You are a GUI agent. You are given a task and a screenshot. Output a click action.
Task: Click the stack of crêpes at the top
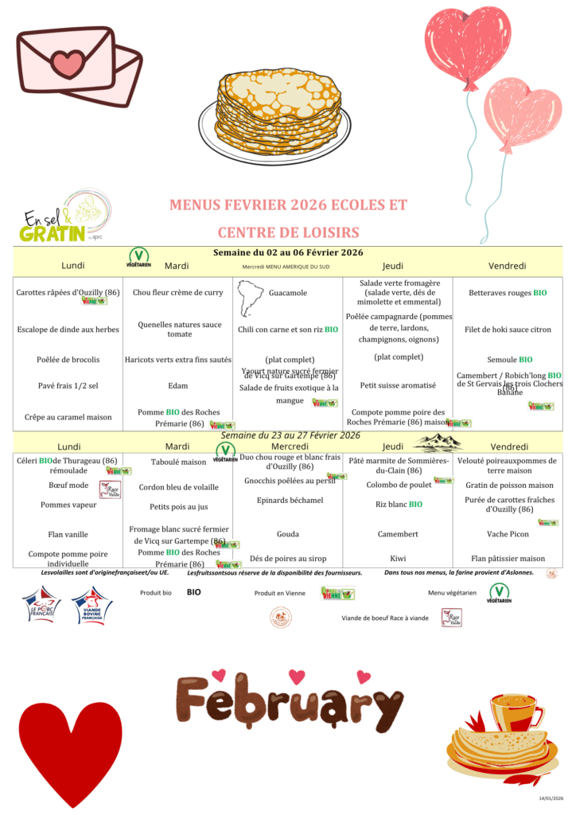pos(270,111)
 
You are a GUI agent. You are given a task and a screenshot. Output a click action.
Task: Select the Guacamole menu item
pos(288,293)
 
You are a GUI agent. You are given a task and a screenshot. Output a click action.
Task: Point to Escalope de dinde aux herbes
pos(68,330)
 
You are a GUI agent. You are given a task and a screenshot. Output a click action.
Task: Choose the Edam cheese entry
pos(177,385)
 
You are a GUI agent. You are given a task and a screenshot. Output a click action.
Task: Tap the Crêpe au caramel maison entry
pos(68,416)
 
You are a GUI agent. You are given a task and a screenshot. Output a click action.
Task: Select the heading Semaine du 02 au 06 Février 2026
pos(288,252)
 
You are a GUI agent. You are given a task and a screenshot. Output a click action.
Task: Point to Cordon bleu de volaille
pos(178,487)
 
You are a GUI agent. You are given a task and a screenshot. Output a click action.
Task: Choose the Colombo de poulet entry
pos(387,485)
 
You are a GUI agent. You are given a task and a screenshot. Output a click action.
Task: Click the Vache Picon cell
pos(509,534)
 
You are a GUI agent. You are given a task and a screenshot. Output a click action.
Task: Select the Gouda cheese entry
pos(288,534)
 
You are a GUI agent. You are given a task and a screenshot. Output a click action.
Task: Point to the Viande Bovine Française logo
pos(91,606)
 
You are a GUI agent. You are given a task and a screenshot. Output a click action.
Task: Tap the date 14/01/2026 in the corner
pos(550,797)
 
